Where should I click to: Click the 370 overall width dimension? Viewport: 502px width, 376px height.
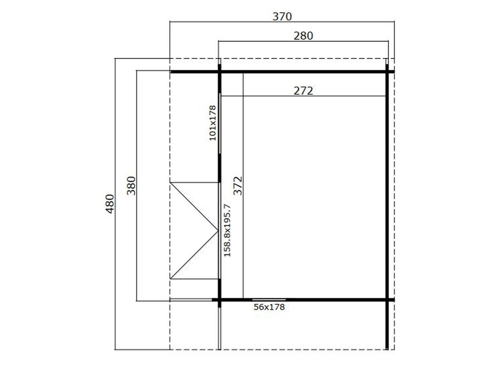282,17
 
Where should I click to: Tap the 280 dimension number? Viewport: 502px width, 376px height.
303,36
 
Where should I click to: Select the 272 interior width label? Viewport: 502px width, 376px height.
303,91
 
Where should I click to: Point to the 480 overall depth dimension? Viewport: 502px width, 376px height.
110,204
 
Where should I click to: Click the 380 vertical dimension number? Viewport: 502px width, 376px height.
131,185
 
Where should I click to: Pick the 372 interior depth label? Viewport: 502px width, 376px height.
238,185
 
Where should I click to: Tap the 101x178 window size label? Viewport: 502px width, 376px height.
212,123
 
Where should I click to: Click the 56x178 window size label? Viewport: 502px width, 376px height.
269,307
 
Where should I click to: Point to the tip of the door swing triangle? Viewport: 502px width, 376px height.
218,231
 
